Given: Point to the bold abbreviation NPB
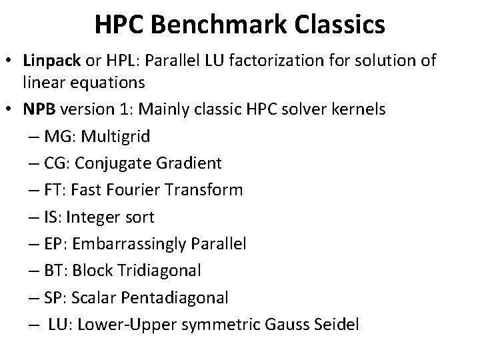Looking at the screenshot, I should point(38,109).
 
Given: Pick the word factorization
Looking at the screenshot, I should point(282,61).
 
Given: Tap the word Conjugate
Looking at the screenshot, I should point(116,163).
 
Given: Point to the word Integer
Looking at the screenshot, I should point(98,217).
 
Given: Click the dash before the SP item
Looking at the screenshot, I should point(34,298).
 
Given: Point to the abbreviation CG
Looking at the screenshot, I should point(55,163).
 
